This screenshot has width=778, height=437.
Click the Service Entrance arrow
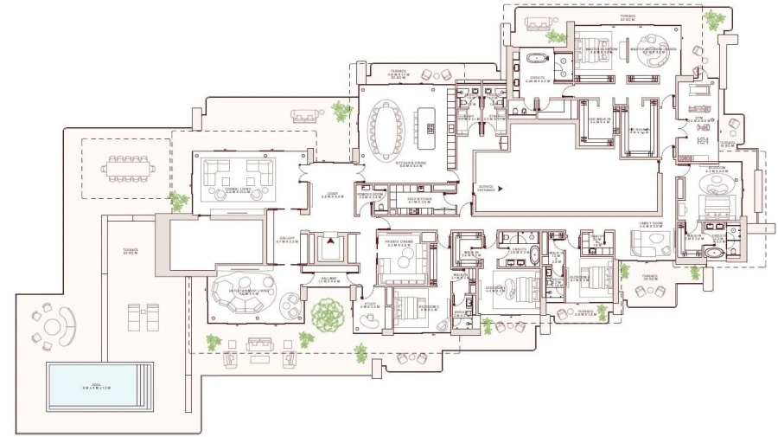tap(500, 187)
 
